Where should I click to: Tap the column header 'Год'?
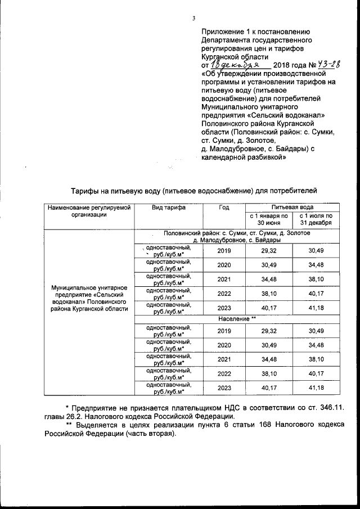pos(224,208)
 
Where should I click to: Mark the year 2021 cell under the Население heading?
pos(224,358)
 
